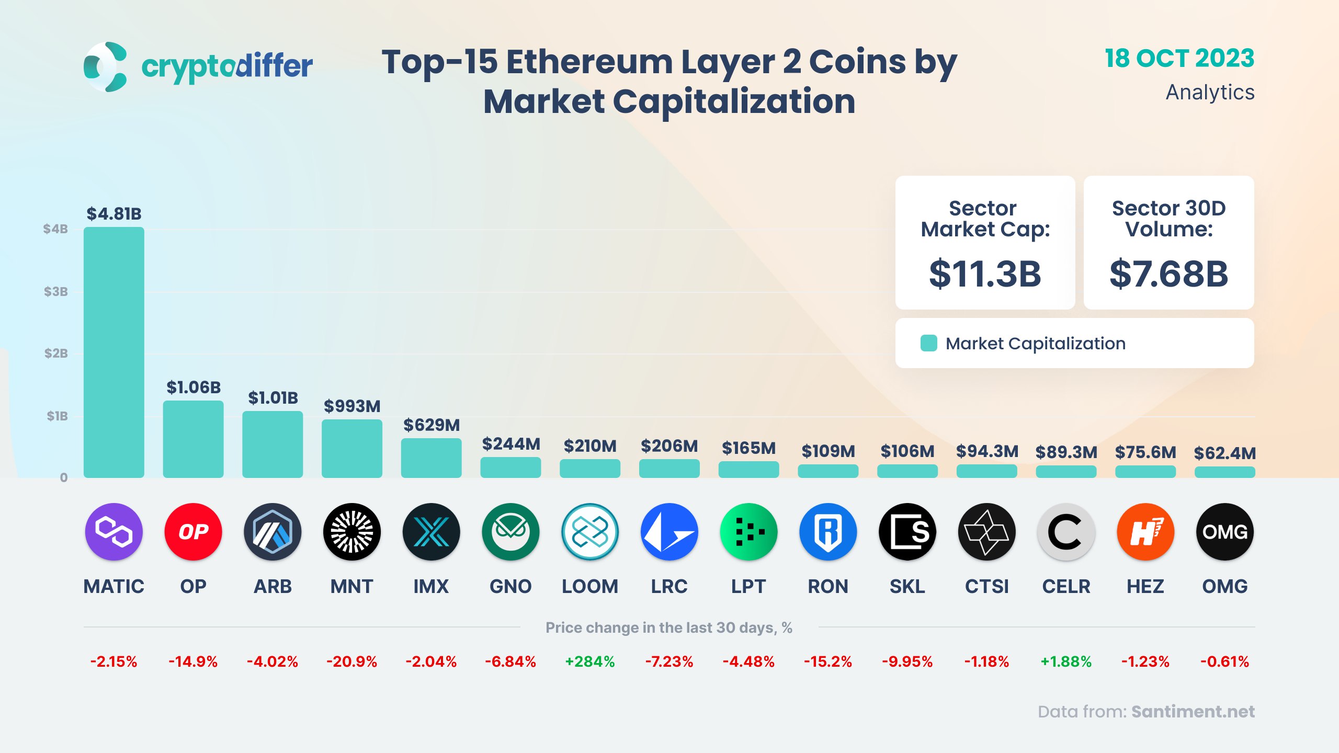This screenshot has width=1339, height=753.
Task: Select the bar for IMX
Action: point(431,458)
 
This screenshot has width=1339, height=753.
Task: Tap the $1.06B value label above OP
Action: point(194,387)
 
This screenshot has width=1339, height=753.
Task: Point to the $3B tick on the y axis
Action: point(55,292)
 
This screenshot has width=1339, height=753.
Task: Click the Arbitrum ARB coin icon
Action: point(273,532)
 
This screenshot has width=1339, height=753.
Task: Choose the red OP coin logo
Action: point(193,532)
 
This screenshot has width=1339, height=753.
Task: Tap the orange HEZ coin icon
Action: point(1145,532)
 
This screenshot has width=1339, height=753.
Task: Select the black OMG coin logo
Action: point(1224,532)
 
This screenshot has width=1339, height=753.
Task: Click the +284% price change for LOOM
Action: point(590,661)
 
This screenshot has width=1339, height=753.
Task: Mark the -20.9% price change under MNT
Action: point(351,661)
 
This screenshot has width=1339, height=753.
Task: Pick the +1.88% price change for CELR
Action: point(1066,661)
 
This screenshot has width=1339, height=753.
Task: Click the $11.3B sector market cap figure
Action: point(985,274)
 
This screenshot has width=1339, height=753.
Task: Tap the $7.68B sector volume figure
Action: point(1168,274)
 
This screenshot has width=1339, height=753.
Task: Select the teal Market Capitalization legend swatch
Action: point(928,343)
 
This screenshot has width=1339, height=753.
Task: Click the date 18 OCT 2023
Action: point(1179,59)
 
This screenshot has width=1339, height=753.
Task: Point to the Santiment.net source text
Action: point(1193,712)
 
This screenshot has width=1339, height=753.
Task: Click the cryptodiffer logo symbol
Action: point(106,67)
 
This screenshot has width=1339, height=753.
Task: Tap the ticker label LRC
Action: point(669,587)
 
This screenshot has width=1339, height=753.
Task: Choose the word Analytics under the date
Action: point(1210,93)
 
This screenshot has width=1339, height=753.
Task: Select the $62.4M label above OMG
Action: point(1224,453)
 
